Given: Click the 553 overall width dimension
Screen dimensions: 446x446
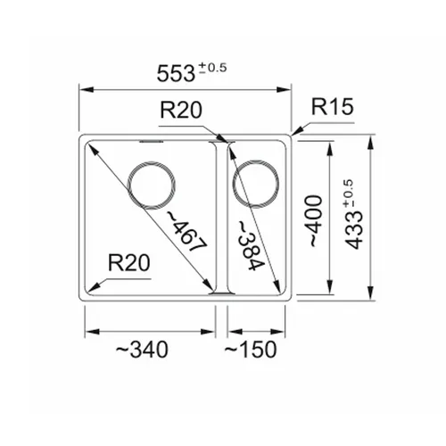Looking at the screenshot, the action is [176, 73].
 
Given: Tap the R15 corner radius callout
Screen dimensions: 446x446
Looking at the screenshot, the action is [333, 106].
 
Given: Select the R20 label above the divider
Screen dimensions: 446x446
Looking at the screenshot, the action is [181, 110].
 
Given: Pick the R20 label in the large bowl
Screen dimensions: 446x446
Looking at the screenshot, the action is [129, 263].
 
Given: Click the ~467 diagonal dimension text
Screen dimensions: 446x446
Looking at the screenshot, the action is [186, 231].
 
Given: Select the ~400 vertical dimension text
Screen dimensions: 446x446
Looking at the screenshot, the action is [316, 221].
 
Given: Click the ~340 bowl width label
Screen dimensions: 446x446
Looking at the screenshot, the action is [142, 350].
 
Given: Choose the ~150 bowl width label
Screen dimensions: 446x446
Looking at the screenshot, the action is [251, 350].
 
